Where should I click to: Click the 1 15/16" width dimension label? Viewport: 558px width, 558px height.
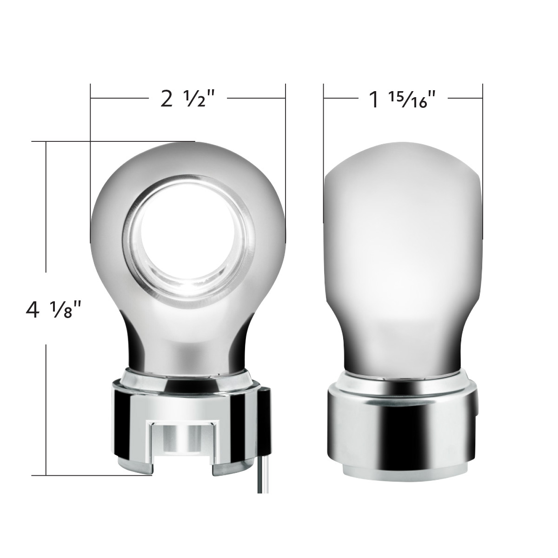(403, 100)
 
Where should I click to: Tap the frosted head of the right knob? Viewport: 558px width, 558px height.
(403, 232)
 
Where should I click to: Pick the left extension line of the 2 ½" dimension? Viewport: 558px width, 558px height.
(90, 139)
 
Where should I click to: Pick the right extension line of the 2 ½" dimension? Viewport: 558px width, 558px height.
(284, 139)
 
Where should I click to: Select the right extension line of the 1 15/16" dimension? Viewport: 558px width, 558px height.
(483, 130)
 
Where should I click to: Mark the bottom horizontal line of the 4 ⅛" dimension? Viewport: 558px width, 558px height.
(93, 475)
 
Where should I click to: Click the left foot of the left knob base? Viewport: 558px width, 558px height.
(135, 467)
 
